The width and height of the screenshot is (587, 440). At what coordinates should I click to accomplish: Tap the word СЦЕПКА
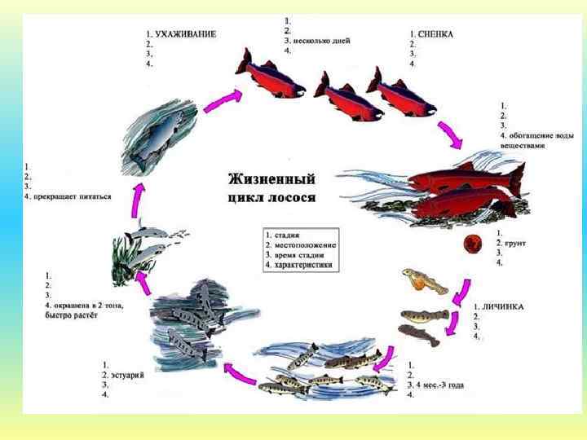[436, 34]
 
